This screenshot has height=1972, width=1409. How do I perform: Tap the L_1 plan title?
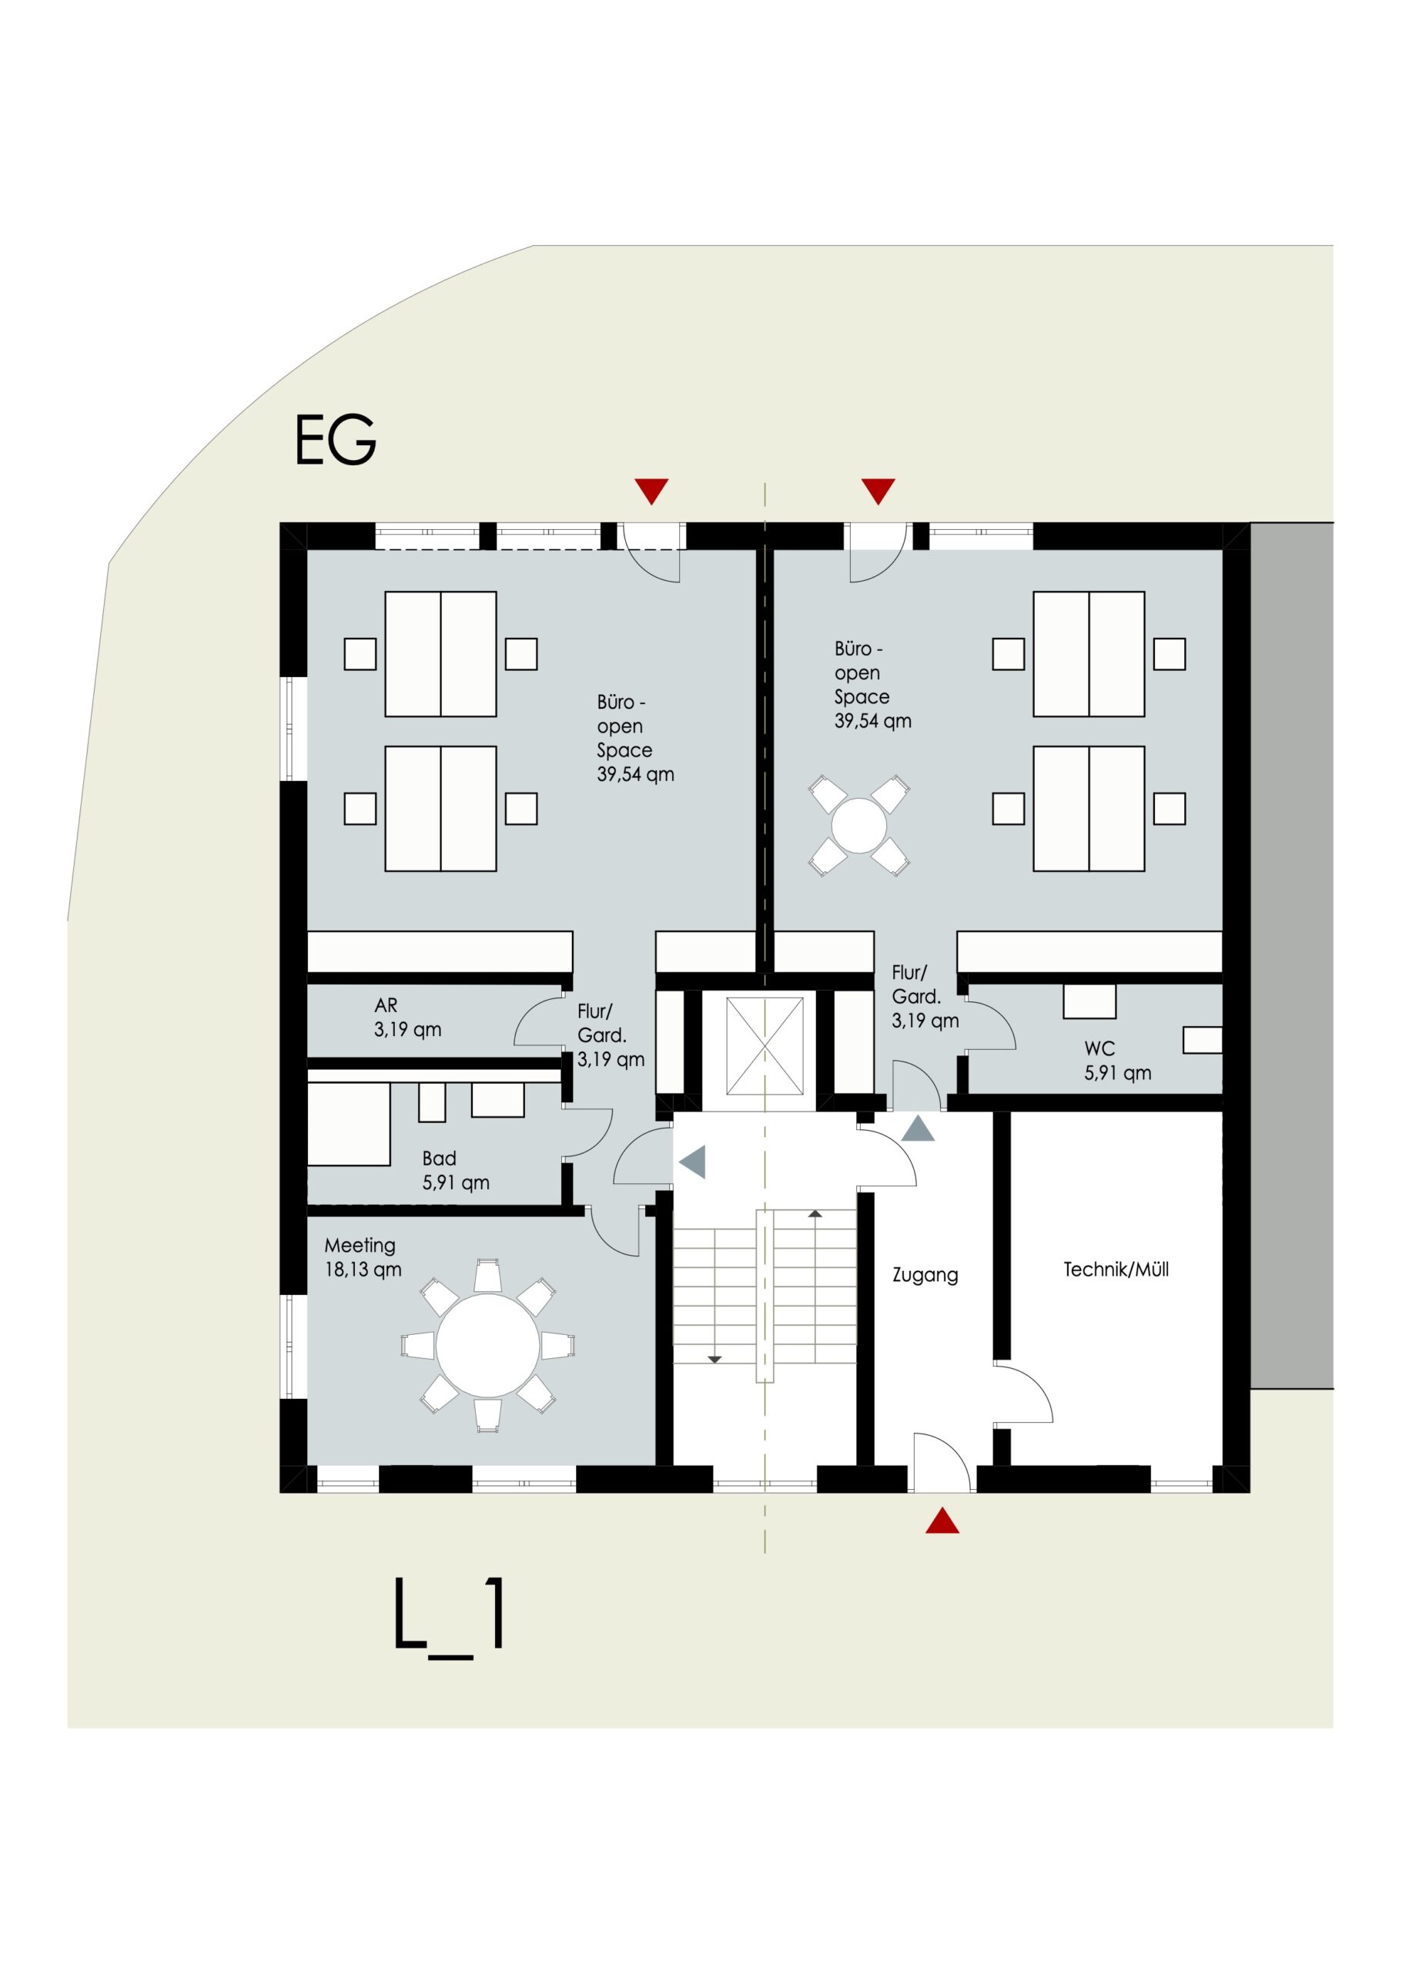(449, 1613)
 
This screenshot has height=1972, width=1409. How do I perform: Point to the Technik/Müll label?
(1116, 1269)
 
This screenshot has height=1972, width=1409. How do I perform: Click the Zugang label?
(925, 1276)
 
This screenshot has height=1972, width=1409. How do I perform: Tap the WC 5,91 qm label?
(1117, 1061)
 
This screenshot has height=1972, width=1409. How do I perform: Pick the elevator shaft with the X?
(765, 1046)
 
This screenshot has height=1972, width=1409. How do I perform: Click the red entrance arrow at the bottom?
(942, 1521)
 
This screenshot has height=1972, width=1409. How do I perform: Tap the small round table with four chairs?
(859, 826)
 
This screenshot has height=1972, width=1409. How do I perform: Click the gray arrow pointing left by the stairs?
(692, 1162)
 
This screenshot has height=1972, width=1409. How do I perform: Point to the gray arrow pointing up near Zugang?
(918, 1129)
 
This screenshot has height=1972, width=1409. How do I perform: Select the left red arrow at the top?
(651, 491)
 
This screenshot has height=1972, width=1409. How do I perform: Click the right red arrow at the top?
(878, 491)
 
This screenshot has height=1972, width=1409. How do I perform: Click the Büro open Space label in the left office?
(634, 738)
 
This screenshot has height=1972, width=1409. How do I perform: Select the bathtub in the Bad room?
(349, 1125)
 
